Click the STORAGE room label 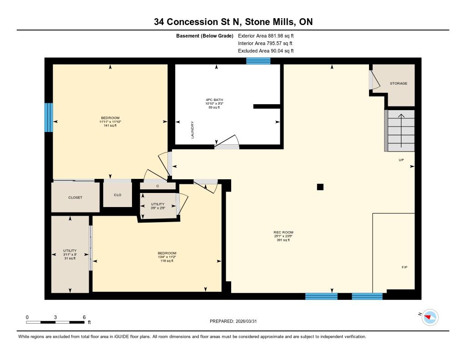coord(398,84)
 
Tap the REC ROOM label coord(283,233)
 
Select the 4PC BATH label coord(214,100)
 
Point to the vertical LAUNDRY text coord(192,130)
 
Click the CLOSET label coord(75,198)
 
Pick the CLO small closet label coord(117,195)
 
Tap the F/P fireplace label coord(405,267)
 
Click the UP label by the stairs coord(401,160)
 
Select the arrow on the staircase coord(401,131)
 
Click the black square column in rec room coord(320,187)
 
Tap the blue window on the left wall coord(49,117)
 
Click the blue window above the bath coord(258,61)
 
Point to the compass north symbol coord(430,318)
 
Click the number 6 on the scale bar coord(84,317)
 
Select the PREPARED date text coord(233,321)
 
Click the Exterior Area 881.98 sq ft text coord(266,35)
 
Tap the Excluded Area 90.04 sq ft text coord(266,51)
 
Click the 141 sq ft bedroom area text coord(110,126)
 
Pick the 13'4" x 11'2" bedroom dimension coord(167,257)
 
